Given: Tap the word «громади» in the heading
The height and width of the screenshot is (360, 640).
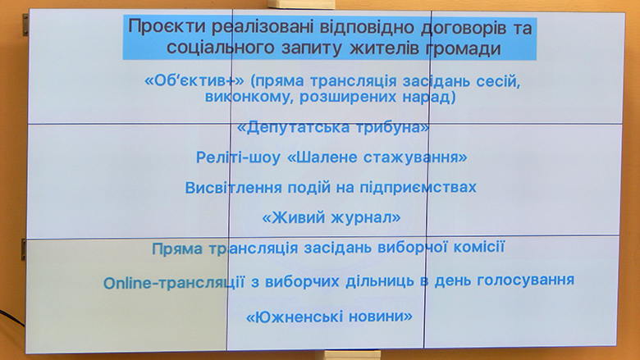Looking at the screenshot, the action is (x=464, y=48).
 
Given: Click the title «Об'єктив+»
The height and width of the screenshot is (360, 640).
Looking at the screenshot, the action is (x=194, y=80).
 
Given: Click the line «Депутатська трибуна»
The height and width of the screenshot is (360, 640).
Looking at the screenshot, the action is (x=333, y=127).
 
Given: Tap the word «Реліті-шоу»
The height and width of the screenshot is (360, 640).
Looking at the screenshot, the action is (x=238, y=157).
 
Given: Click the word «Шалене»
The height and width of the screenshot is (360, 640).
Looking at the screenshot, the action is (x=322, y=157).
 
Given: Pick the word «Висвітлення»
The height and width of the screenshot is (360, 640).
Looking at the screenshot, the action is (x=234, y=188).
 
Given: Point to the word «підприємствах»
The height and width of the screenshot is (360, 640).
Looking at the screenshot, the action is (x=418, y=188).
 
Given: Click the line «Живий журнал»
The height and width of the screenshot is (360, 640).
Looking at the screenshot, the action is (x=331, y=217).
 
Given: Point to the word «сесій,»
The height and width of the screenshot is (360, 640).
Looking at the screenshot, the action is (x=498, y=81).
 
